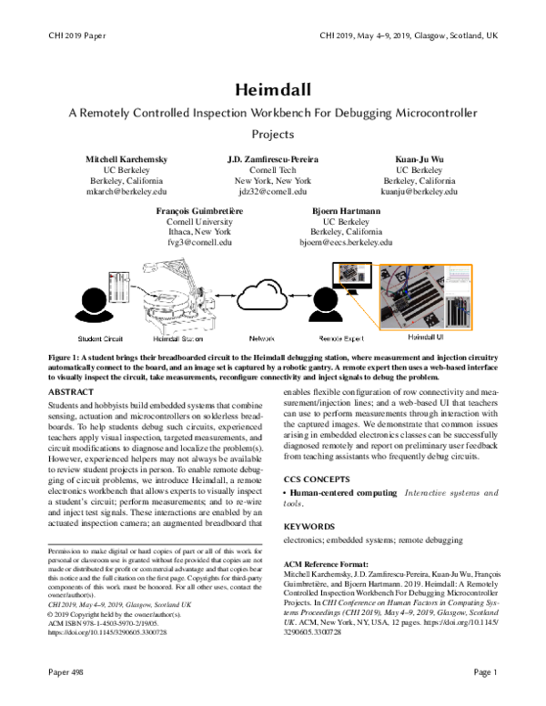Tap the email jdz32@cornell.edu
(x=273, y=193)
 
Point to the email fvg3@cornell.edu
(x=200, y=244)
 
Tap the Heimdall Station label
(x=167, y=337)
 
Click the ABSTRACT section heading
(x=75, y=391)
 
